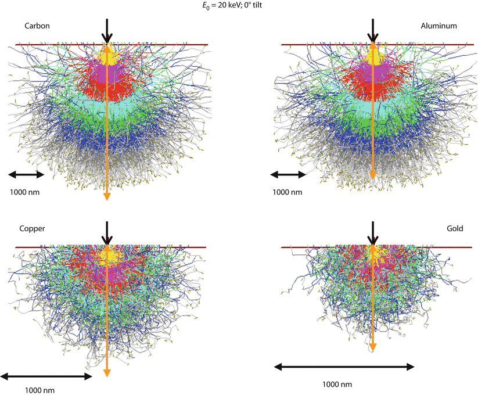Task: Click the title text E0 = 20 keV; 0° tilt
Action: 239,6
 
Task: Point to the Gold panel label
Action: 455,228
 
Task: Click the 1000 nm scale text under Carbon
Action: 26,192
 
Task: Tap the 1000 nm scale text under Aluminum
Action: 287,192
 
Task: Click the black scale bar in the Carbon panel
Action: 26,174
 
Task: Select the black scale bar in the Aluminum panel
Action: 288,174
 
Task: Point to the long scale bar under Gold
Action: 344,367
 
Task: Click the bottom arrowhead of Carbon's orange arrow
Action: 107,197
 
